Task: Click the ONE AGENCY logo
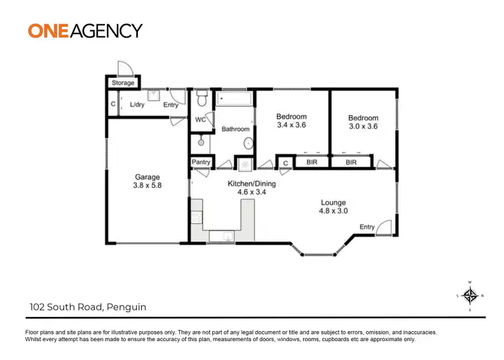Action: click(85, 30)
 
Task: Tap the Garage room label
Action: click(146, 178)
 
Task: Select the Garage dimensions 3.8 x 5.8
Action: click(146, 187)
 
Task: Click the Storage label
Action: click(123, 83)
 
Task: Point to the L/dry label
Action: click(137, 105)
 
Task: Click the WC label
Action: click(200, 120)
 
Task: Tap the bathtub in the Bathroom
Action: click(234, 99)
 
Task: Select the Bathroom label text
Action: click(236, 129)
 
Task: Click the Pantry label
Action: click(201, 163)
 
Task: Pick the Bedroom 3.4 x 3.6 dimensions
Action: click(292, 125)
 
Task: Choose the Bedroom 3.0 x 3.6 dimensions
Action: click(363, 126)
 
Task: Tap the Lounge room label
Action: click(333, 202)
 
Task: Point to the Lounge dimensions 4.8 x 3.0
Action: click(333, 211)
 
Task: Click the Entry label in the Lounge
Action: click(367, 227)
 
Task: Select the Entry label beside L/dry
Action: click(171, 105)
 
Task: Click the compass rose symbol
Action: click(470, 296)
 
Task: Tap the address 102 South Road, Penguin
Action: click(87, 308)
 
